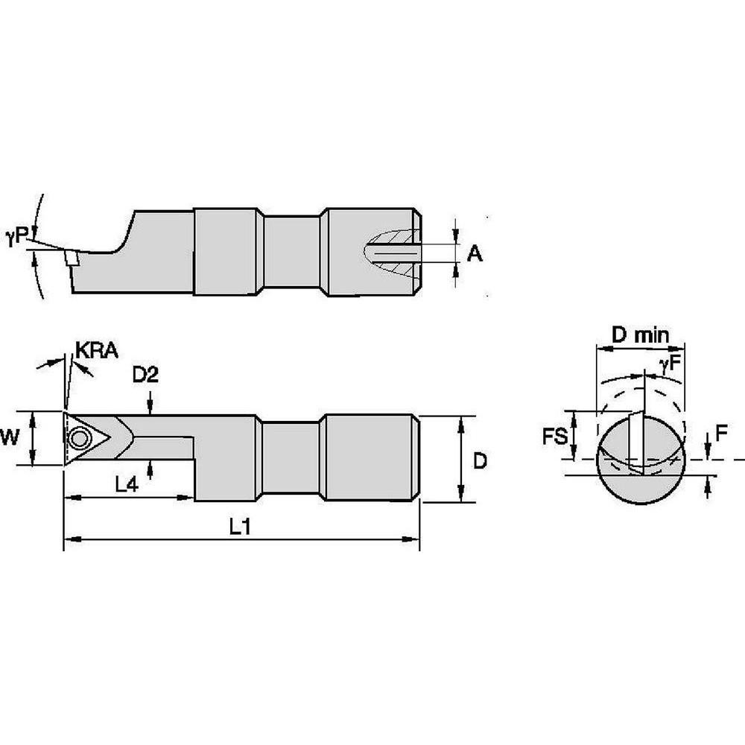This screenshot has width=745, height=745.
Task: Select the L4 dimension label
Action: point(127,484)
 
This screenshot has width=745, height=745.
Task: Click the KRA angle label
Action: point(97,350)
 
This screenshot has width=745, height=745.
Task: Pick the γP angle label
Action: point(16,236)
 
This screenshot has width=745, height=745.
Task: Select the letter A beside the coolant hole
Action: point(475,255)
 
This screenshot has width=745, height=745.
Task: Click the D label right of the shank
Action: point(480,461)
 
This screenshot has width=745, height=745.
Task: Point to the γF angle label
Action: point(668,364)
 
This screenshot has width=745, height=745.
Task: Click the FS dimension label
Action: point(554,436)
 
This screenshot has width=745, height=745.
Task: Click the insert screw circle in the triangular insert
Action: point(77,438)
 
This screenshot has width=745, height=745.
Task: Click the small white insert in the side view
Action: point(72,258)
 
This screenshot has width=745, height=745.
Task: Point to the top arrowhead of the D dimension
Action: point(462,422)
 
